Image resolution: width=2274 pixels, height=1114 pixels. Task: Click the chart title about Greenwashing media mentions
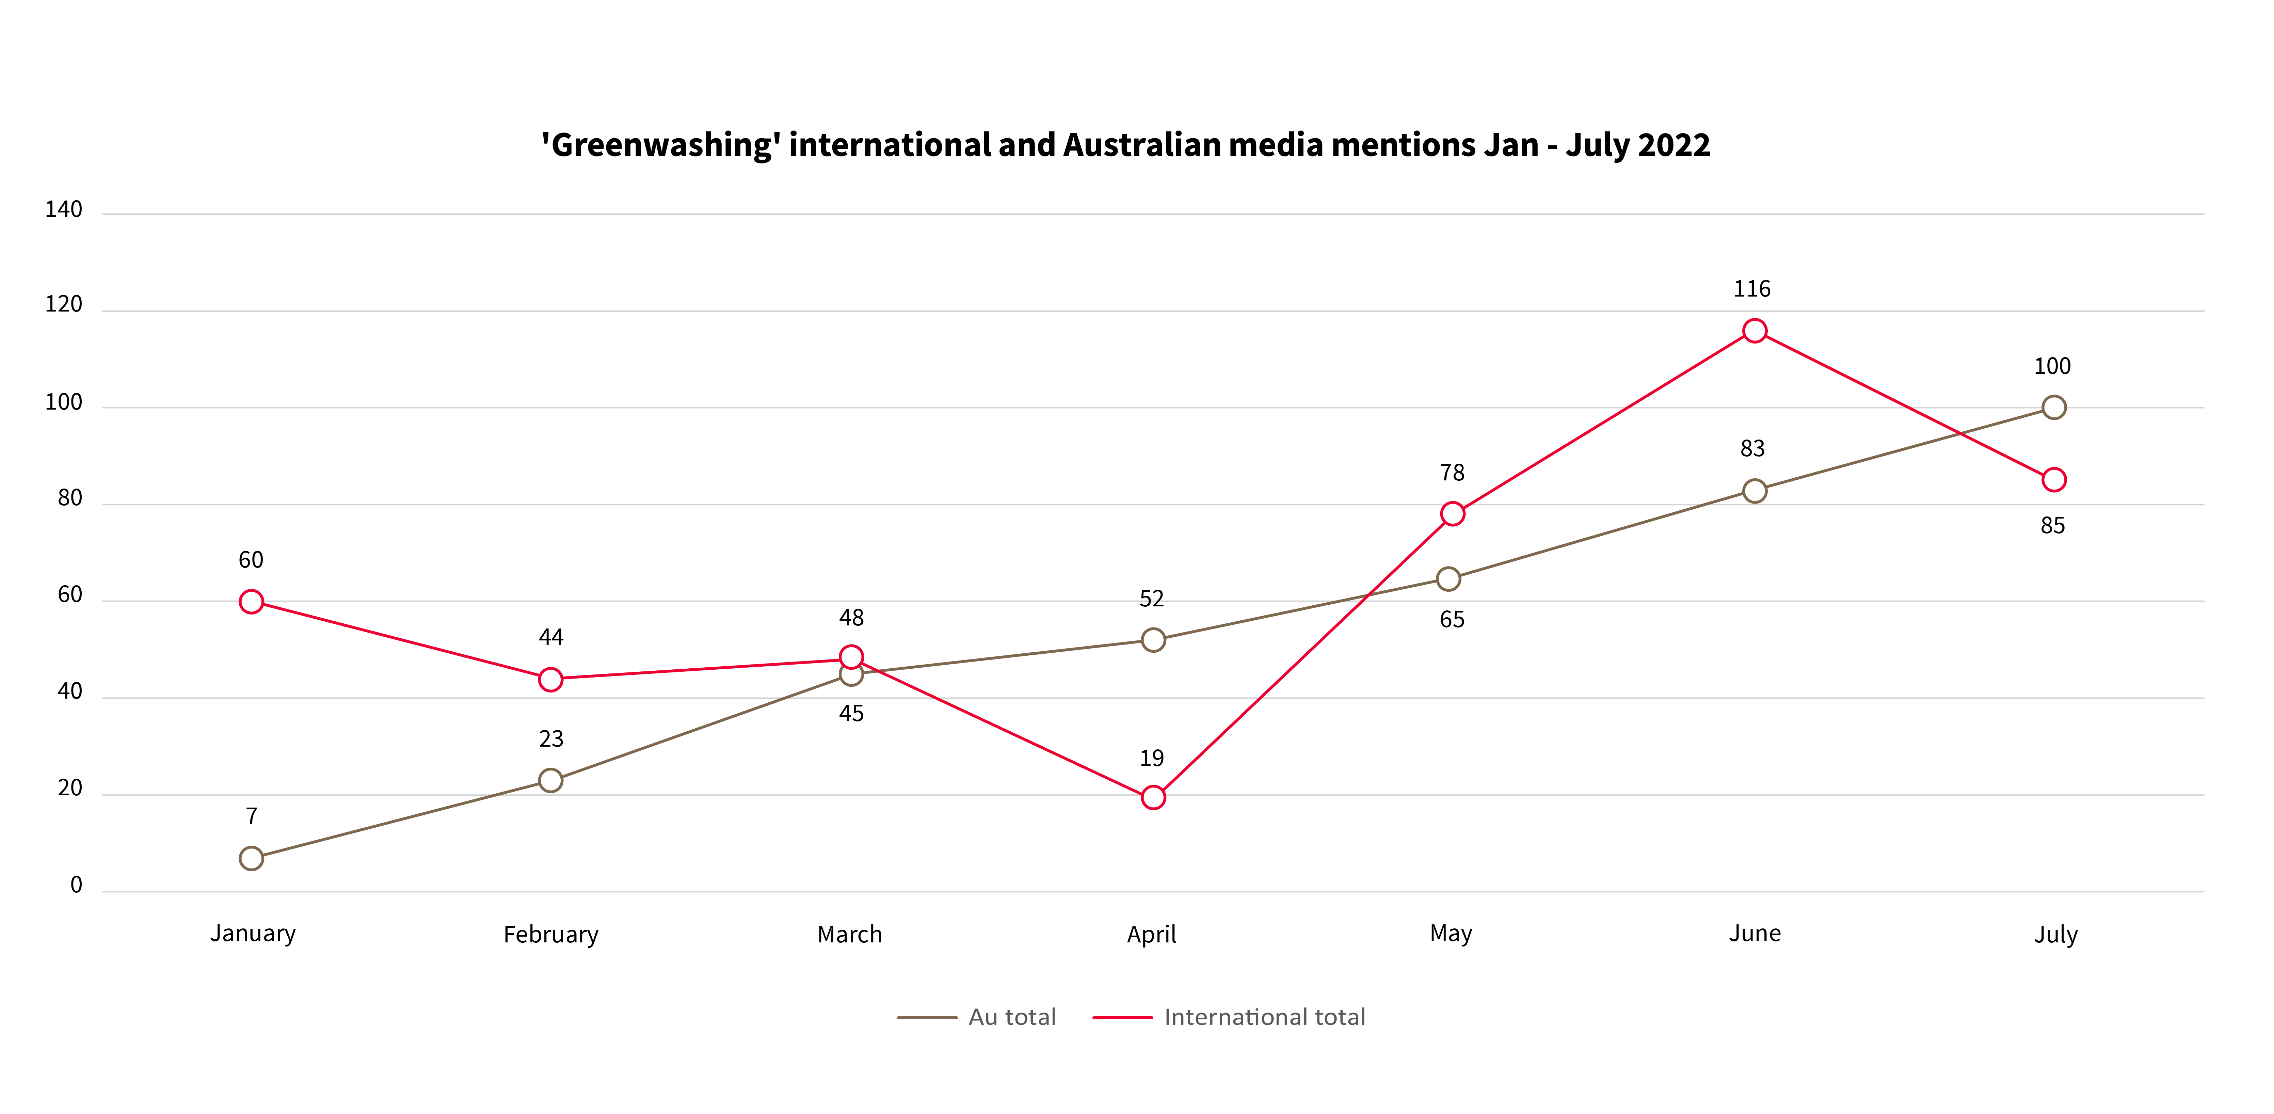click(x=1125, y=145)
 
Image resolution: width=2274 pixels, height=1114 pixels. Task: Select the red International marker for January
click(x=252, y=602)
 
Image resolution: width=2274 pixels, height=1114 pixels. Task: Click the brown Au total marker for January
click(x=252, y=858)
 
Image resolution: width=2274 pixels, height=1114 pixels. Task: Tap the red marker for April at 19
click(x=1153, y=797)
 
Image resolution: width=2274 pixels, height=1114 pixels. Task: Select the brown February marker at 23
click(x=551, y=780)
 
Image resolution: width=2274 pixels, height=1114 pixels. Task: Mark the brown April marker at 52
click(x=1153, y=640)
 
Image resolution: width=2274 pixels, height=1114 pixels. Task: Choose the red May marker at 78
click(x=1452, y=514)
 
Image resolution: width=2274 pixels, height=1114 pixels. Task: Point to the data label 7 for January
click(x=252, y=816)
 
